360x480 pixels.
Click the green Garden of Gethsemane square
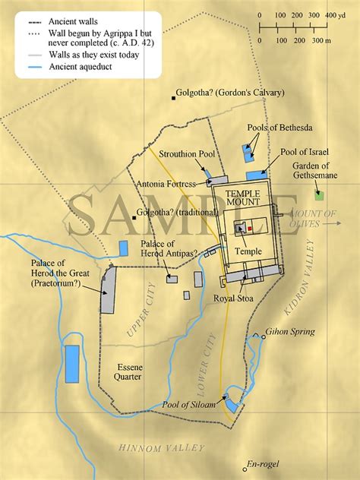click(320, 196)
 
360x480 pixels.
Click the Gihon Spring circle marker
click(258, 333)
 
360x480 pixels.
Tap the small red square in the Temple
click(248, 226)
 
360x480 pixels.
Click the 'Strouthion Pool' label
click(186, 154)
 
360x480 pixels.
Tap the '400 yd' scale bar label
click(334, 15)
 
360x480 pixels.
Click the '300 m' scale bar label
click(324, 39)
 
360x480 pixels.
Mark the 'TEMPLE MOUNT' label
click(244, 199)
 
